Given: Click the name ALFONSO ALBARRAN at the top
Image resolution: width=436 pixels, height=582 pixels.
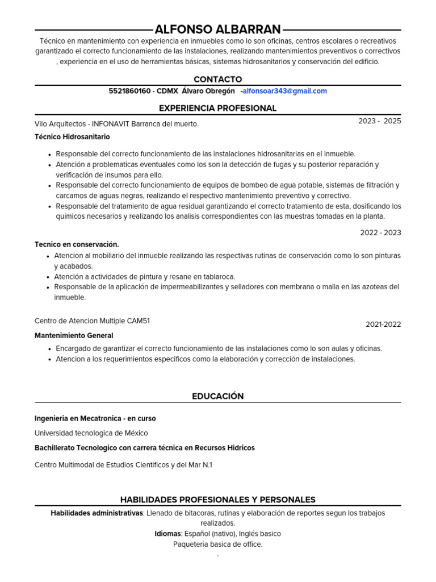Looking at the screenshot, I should tap(217, 30).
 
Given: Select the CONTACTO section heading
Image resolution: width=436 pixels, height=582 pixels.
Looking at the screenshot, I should tap(217, 80).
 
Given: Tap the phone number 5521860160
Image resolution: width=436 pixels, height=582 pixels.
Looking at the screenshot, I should tap(129, 91).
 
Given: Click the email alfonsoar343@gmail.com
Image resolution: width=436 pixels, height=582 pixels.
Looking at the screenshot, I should tap(285, 91).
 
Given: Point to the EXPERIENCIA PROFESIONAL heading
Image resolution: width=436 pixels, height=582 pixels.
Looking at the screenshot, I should tap(217, 108).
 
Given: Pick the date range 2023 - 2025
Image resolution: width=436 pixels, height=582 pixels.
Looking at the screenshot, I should tap(379, 121).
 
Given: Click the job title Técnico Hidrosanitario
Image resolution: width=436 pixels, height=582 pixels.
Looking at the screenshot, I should tap(72, 137).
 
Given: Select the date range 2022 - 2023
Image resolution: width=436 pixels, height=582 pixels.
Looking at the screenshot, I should tap(380, 232).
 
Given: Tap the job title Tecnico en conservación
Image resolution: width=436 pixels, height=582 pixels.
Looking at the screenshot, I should tap(77, 244).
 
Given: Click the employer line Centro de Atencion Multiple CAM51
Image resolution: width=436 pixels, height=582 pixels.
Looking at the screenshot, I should tap(92, 321).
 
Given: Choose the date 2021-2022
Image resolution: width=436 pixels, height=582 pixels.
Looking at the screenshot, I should tap(383, 325).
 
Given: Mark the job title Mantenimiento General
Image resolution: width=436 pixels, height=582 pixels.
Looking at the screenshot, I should tap(74, 336).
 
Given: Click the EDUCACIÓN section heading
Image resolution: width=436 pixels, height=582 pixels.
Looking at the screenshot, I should tap(217, 396).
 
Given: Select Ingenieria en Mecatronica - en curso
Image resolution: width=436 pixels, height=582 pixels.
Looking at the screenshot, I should tap(95, 418).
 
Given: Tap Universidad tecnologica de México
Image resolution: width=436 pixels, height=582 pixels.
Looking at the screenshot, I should tap(91, 433).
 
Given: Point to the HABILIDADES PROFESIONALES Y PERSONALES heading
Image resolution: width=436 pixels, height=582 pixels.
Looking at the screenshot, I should tap(217, 500).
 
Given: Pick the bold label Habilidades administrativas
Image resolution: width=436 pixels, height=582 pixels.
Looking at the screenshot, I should tap(97, 513).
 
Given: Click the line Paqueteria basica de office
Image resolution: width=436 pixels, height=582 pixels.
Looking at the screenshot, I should tap(217, 544).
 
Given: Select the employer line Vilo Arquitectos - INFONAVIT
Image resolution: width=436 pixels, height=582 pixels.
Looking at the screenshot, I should tap(116, 124).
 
